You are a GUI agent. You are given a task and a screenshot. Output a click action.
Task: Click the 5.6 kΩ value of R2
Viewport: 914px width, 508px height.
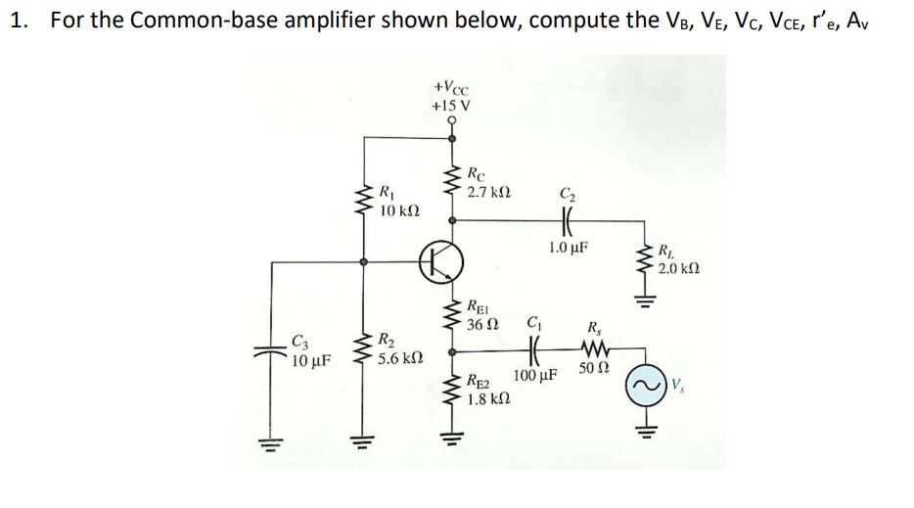[x=400, y=358]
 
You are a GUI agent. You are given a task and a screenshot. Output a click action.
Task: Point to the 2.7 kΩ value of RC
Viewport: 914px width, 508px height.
[x=488, y=194]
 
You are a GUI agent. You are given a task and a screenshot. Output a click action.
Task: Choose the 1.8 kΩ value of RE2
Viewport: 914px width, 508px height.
[x=488, y=399]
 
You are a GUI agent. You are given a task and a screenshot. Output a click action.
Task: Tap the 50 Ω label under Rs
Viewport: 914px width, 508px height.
[x=594, y=368]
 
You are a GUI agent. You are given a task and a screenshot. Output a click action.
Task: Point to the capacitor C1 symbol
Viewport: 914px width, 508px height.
[x=534, y=348]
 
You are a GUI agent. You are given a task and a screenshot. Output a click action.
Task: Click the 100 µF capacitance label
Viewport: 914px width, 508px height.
[x=534, y=376]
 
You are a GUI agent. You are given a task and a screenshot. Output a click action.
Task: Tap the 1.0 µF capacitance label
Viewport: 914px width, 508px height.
[x=569, y=248]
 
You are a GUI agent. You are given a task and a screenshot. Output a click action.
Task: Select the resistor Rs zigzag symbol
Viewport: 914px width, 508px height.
[x=595, y=348]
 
